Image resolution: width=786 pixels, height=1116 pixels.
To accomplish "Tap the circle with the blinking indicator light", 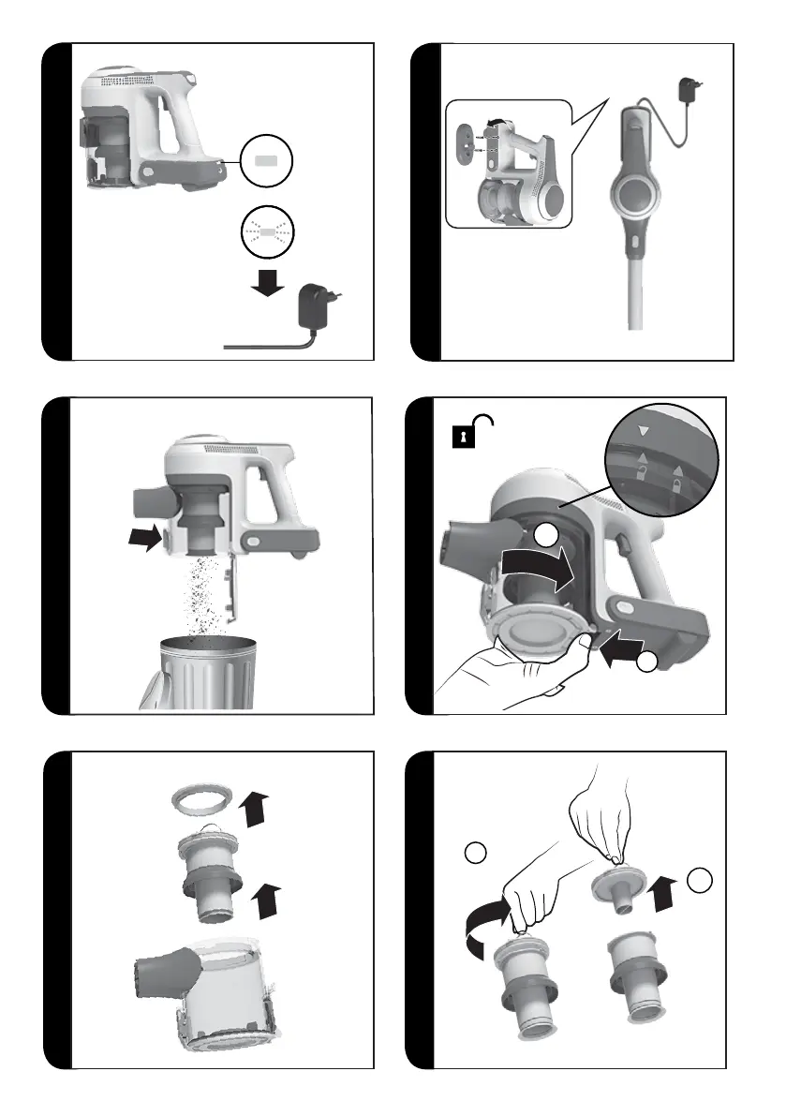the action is (x=267, y=229).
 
